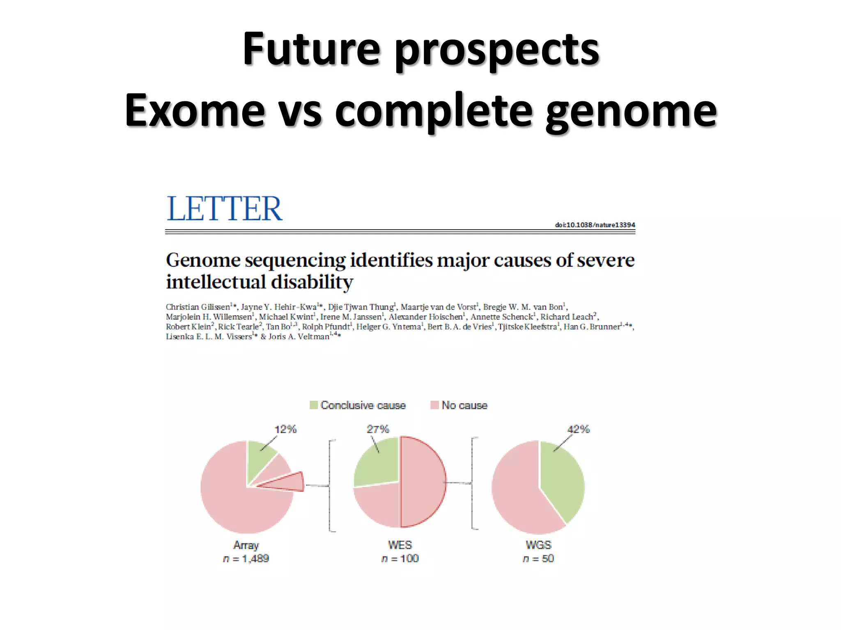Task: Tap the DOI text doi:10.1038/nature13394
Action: point(595,225)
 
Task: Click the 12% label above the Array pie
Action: point(285,429)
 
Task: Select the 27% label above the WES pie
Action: point(378,429)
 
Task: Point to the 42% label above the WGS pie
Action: point(578,429)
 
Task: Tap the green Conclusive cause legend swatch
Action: point(314,405)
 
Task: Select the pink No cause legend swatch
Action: point(434,405)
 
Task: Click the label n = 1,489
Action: point(246,559)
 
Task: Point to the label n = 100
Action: point(400,559)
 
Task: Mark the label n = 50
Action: point(538,559)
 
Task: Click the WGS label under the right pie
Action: point(538,545)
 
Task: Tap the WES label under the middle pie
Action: point(400,545)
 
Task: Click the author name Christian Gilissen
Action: point(198,307)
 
